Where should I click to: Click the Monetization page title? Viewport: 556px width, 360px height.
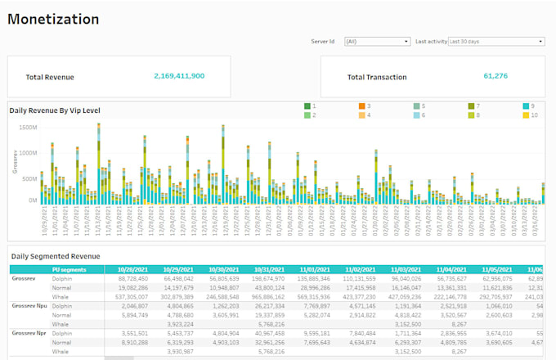(54, 20)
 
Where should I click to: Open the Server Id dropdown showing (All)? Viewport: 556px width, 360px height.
(377, 41)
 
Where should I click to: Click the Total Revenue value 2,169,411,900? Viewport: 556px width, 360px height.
(179, 76)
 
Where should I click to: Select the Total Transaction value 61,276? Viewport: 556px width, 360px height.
(495, 76)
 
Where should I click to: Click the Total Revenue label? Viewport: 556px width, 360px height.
(50, 77)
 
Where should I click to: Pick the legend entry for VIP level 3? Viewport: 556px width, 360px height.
(362, 106)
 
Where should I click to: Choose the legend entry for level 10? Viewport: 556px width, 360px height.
(527, 115)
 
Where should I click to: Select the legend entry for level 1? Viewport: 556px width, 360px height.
(307, 106)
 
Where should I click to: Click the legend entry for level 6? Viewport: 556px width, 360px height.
(417, 115)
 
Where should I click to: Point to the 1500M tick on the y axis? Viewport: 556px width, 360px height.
(28, 128)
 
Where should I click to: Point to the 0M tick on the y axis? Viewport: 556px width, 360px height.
(32, 200)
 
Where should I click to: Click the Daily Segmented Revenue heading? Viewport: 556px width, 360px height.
(56, 255)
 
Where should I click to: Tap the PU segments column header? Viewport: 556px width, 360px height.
(69, 268)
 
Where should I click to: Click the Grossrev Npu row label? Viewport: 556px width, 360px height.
(29, 304)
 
